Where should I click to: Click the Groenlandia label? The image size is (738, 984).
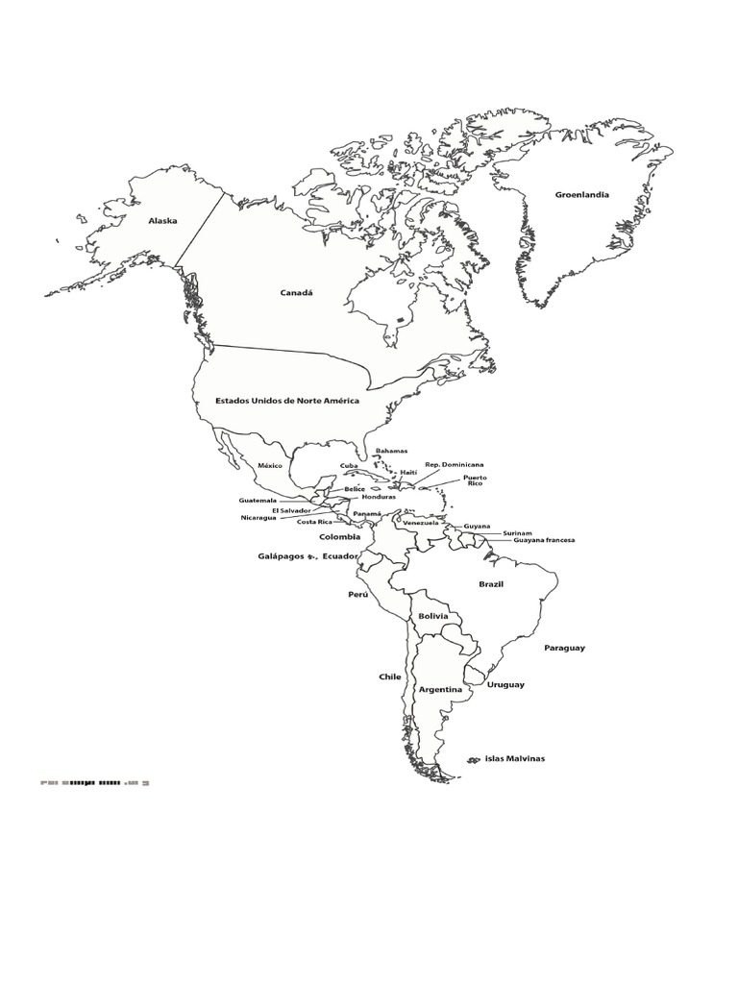tap(581, 195)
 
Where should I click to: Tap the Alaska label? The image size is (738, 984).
tap(162, 221)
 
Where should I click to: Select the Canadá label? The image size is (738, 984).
tap(297, 293)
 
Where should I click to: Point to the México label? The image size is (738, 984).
tap(269, 465)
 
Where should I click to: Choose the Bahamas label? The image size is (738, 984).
tap(391, 451)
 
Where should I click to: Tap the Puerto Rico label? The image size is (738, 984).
tap(475, 480)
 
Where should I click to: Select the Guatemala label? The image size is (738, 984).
tap(258, 501)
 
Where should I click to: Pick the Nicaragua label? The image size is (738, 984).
tap(258, 518)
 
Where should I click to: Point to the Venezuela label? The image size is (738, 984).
tap(420, 523)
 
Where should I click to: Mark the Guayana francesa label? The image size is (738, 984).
tap(544, 541)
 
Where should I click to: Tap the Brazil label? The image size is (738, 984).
tap(491, 584)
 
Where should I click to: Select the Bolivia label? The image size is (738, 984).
tap(433, 616)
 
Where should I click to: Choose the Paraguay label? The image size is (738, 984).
tap(564, 648)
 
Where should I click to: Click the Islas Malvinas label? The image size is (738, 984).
tap(514, 758)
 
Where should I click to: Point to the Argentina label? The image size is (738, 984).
tap(440, 690)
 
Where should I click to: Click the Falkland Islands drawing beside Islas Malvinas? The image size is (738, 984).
tap(473, 760)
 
